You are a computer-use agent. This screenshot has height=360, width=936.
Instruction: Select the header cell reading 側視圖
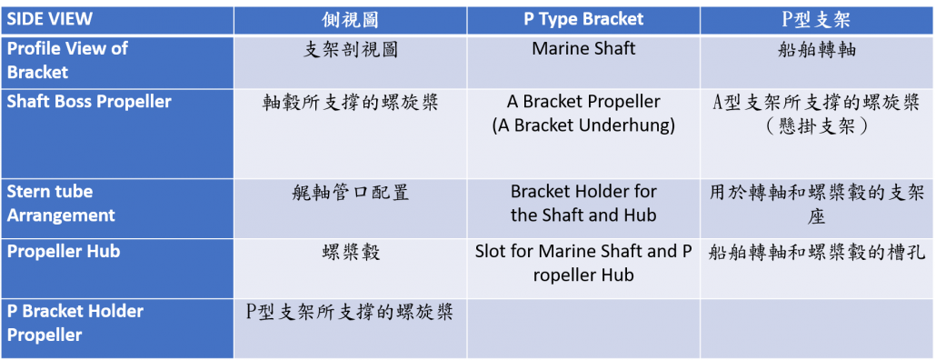pos(350,20)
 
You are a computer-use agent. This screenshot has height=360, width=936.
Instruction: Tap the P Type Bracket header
pos(583,19)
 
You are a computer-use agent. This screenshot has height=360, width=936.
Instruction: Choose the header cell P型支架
pos(816,20)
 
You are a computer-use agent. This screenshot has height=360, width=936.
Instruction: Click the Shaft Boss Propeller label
pos(89,102)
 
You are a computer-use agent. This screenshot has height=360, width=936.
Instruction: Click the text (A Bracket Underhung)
pos(583,126)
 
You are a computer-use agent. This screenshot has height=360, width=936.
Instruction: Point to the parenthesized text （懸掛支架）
pos(817,127)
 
